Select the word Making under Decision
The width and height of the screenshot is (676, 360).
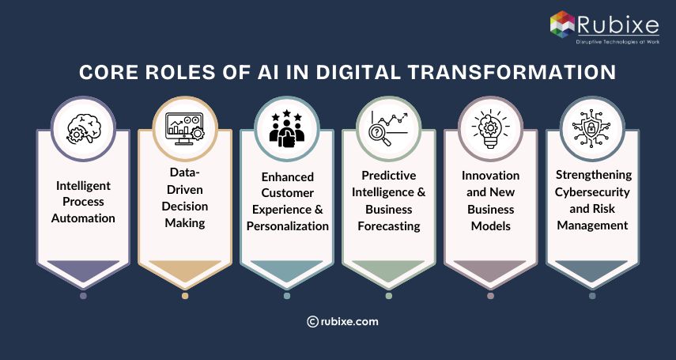tap(185, 223)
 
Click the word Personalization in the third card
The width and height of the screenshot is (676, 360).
tap(286, 225)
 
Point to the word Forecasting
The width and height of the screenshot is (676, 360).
tap(388, 225)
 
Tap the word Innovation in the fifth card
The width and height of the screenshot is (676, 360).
tap(490, 175)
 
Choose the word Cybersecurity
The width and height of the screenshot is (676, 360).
tap(591, 191)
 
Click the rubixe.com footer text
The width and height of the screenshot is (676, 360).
tap(349, 321)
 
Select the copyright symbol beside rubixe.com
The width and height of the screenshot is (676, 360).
tap(312, 321)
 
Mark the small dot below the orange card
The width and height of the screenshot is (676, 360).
tap(185, 296)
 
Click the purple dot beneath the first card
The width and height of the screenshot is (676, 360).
tap(83, 296)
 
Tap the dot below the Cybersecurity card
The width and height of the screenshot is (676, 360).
tap(591, 296)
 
